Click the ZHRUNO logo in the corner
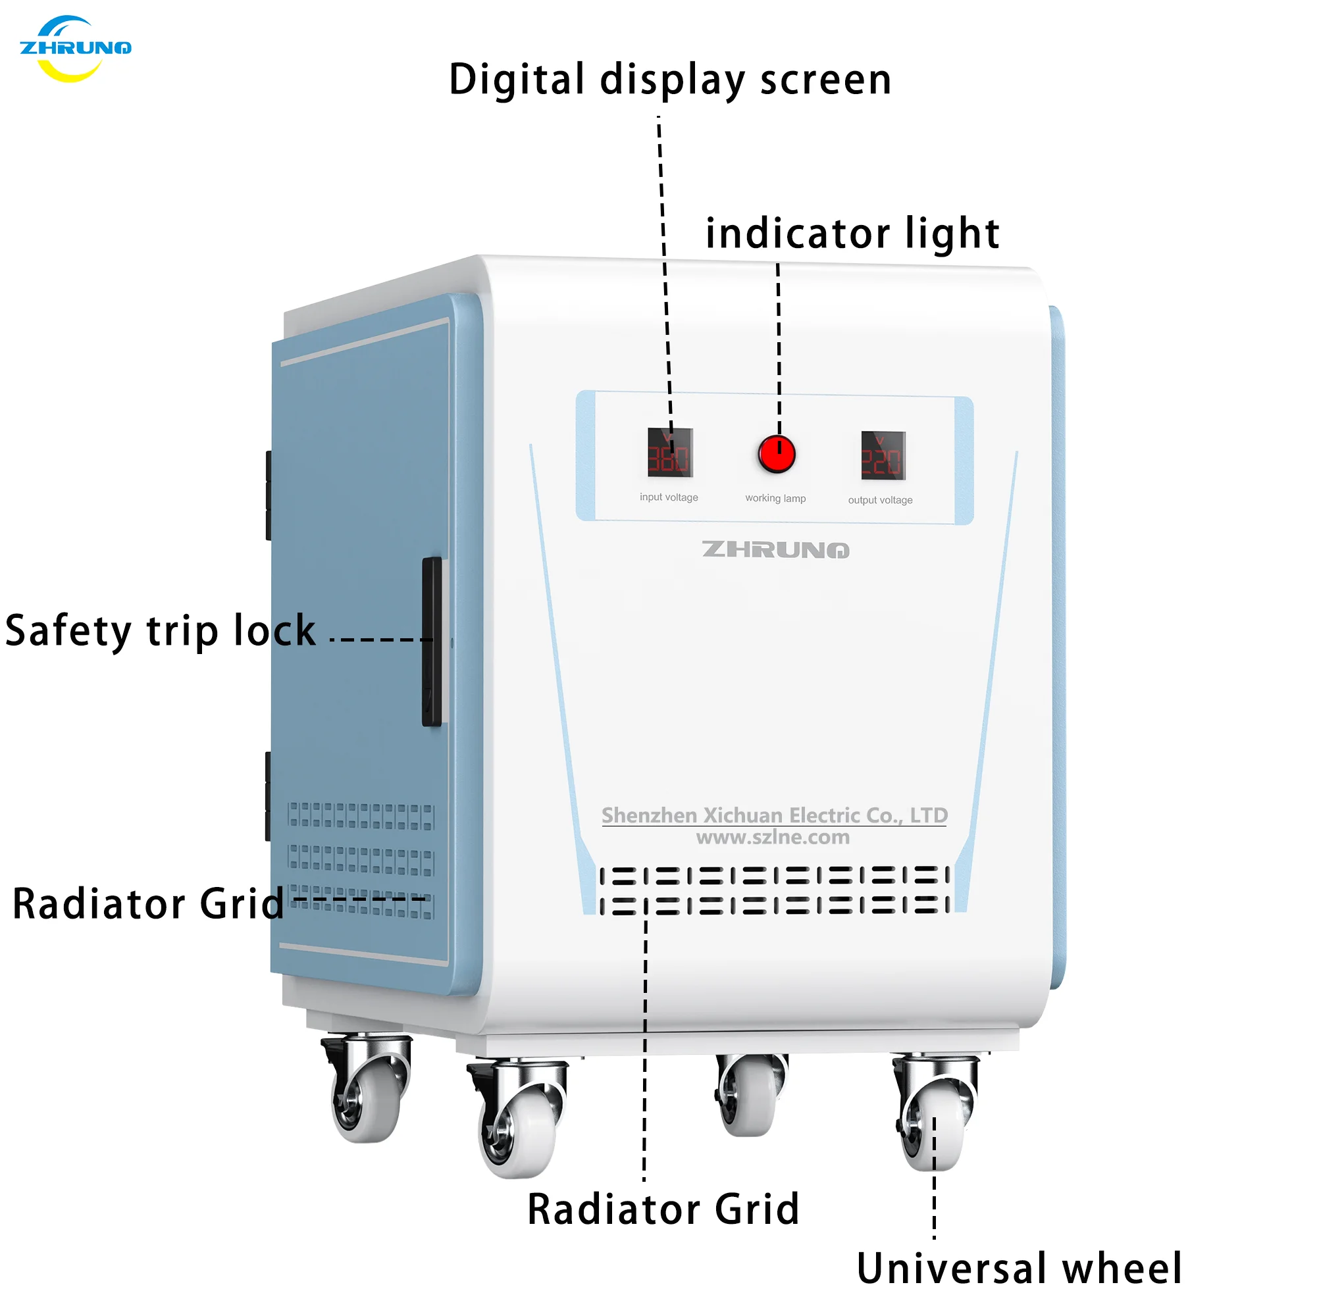tap(75, 49)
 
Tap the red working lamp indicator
tap(777, 455)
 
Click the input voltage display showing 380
tap(670, 453)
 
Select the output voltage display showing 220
tap(883, 455)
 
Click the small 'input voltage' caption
tap(669, 497)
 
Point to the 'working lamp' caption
tap(775, 499)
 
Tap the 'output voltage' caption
tap(880, 500)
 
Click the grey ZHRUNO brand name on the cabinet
tap(775, 550)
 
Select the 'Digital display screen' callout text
tap(670, 80)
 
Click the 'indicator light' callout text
tap(852, 234)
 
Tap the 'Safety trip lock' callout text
tap(160, 630)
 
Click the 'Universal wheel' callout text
tap(1019, 1269)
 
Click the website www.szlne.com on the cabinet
tap(773, 838)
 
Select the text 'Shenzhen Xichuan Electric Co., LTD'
tap(775, 815)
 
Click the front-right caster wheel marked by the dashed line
tap(934, 1125)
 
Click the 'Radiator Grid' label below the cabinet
tap(663, 1209)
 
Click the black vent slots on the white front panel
tap(775, 890)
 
